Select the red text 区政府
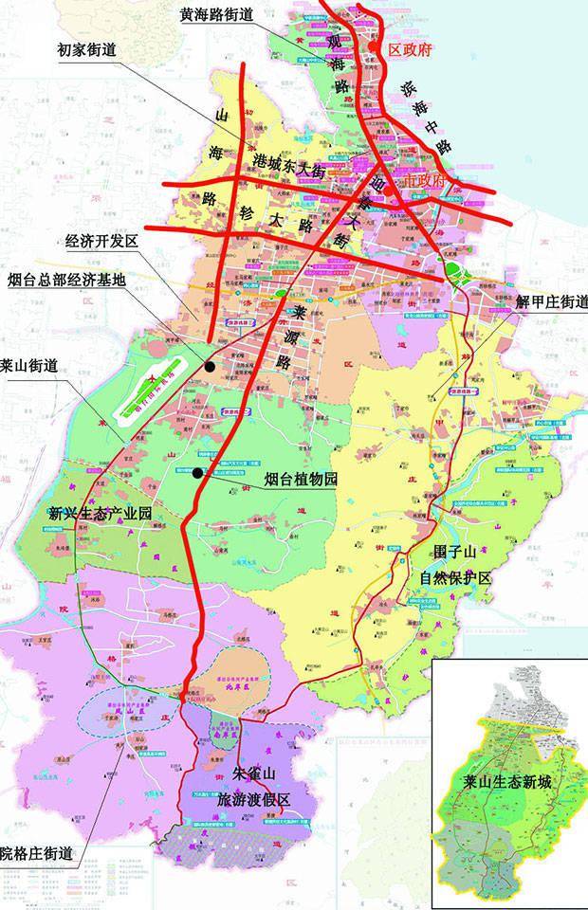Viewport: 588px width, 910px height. tap(411, 50)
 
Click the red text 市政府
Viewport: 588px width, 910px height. tap(423, 178)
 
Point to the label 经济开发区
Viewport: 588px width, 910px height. tap(101, 242)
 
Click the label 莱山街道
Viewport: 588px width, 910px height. tap(34, 363)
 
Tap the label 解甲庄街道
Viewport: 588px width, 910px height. tap(551, 302)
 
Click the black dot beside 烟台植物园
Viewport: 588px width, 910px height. tap(197, 473)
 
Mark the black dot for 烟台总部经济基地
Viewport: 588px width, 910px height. tap(210, 365)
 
